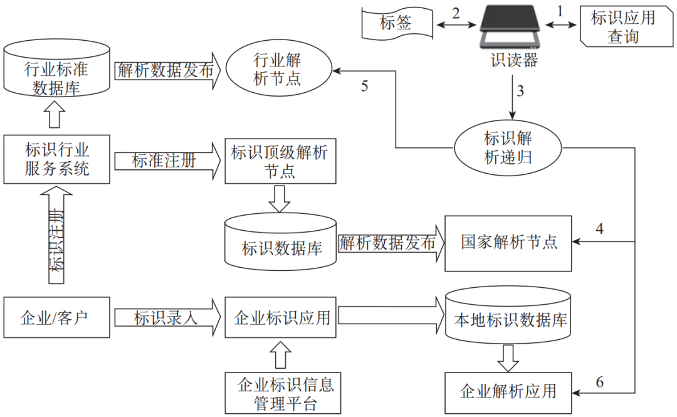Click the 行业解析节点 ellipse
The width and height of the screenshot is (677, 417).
[276, 70]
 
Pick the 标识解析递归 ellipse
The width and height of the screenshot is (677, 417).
[508, 147]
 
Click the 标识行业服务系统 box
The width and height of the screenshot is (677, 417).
[56, 159]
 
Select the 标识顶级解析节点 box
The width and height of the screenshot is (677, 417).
[280, 161]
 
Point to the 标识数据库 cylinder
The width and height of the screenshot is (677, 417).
[282, 243]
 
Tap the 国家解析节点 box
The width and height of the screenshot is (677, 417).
[508, 243]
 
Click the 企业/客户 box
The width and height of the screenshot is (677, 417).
[56, 318]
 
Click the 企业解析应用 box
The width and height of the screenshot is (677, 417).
[508, 392]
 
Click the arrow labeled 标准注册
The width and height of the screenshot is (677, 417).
[167, 161]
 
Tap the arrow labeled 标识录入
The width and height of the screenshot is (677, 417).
[167, 318]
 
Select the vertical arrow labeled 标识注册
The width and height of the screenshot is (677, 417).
[57, 238]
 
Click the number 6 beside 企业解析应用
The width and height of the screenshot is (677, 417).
[600, 382]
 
